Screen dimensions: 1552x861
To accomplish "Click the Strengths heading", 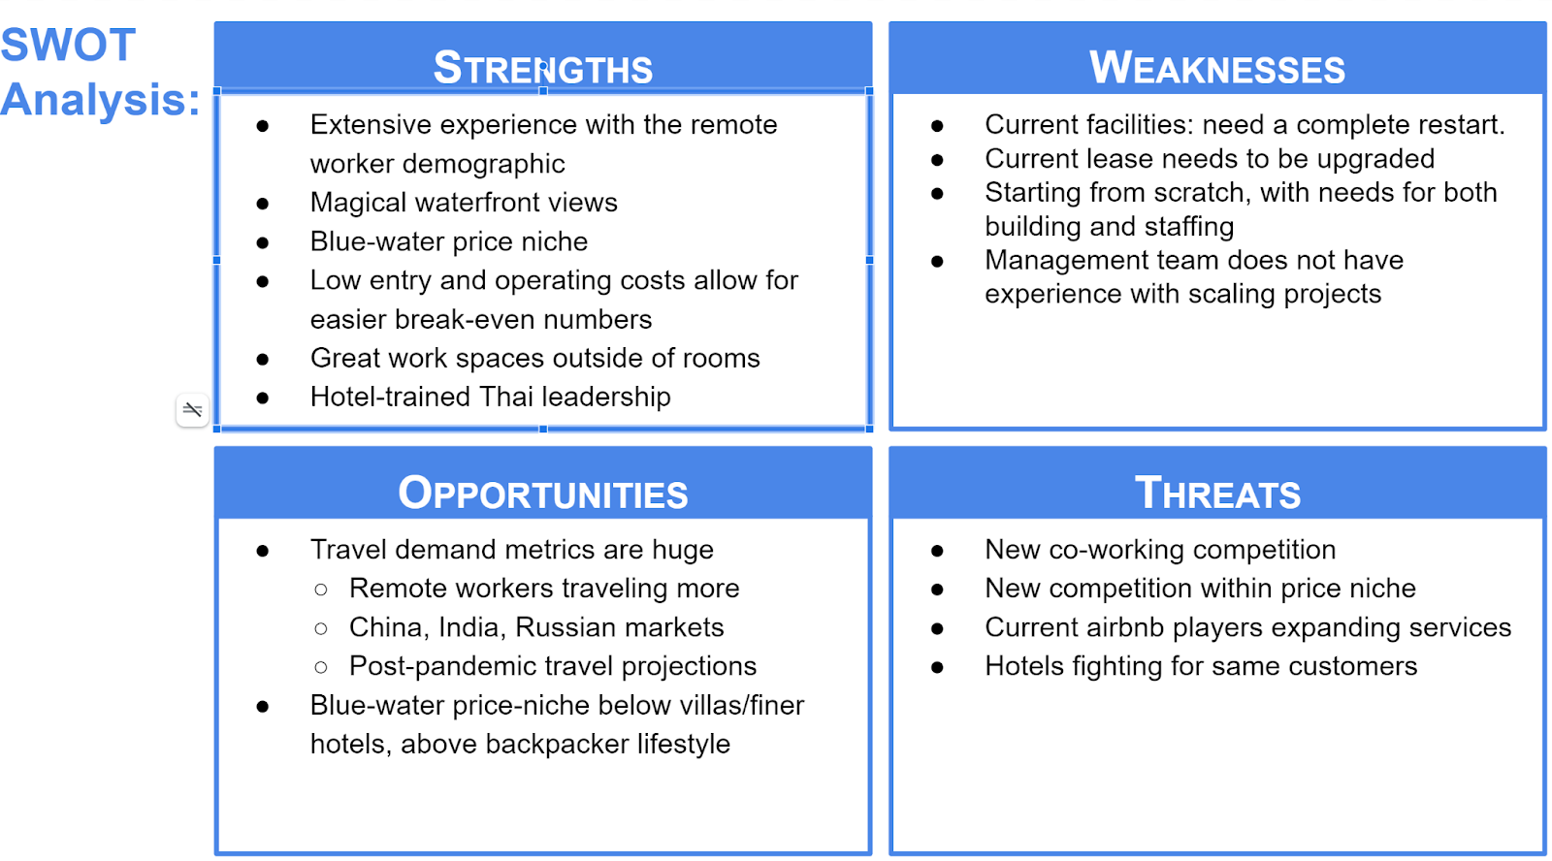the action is [x=542, y=68].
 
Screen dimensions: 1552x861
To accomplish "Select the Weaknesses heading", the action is [x=1216, y=68].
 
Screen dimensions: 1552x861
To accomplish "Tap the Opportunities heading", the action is [x=542, y=494].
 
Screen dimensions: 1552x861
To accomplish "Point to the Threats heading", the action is [x=1217, y=494].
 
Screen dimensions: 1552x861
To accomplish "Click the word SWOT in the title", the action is [x=68, y=45].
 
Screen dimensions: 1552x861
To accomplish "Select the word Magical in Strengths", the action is [x=360, y=203].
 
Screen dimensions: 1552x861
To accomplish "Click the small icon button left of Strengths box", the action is [x=193, y=409].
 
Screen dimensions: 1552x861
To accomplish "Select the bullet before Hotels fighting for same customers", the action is [x=937, y=668].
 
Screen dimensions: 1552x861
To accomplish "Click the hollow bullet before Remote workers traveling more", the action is [x=321, y=590].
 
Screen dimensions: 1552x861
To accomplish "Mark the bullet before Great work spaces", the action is [x=263, y=360].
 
